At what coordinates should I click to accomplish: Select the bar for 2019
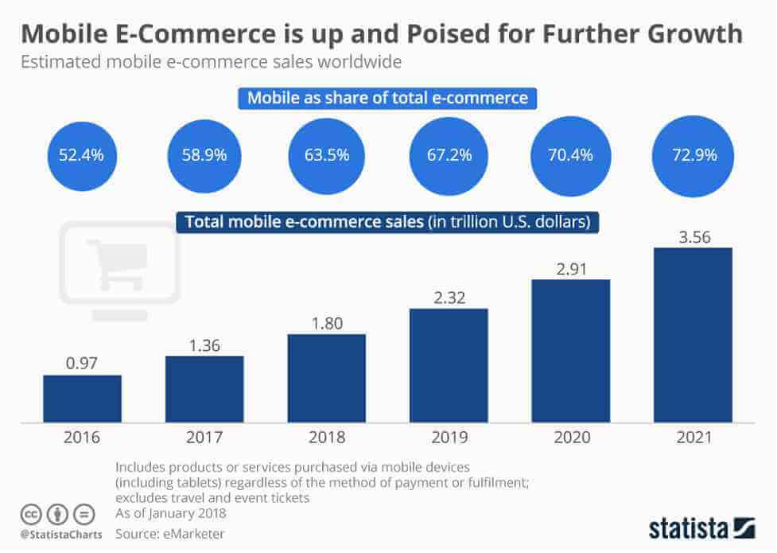click(449, 365)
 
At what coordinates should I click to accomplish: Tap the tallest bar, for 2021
click(693, 334)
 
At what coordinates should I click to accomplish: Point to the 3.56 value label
click(693, 236)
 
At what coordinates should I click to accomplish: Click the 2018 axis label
click(327, 437)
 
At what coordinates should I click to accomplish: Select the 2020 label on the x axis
click(570, 437)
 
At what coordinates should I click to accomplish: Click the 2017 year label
click(204, 437)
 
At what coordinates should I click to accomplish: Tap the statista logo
click(700, 528)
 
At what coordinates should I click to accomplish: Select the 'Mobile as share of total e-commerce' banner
click(387, 99)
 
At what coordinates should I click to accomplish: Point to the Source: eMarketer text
click(169, 533)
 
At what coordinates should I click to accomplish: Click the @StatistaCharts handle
click(60, 534)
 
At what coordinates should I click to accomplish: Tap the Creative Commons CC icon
click(31, 515)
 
